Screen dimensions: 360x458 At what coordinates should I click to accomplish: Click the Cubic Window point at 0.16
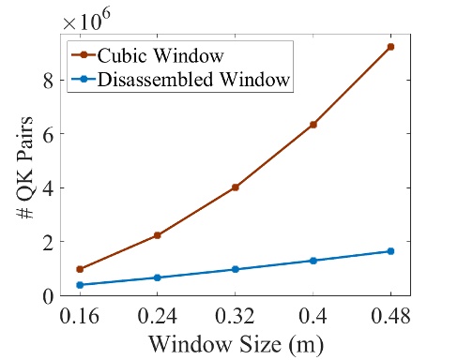80,269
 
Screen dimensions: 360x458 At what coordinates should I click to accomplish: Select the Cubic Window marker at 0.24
158,235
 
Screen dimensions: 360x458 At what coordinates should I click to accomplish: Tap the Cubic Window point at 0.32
236,187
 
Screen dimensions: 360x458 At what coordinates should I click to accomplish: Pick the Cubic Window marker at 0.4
313,125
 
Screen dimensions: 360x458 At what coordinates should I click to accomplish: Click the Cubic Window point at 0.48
390,46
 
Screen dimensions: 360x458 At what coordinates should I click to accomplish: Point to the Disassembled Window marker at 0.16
80,285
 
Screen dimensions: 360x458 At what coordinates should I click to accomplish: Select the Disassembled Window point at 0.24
158,277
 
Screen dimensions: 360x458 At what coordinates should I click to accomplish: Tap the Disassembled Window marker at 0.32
236,269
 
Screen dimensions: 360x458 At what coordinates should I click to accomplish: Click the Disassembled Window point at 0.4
313,261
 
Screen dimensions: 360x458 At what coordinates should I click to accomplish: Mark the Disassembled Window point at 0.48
390,251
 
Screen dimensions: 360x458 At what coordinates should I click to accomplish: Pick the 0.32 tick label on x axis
236,315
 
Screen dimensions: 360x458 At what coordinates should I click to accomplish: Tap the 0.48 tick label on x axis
390,315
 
